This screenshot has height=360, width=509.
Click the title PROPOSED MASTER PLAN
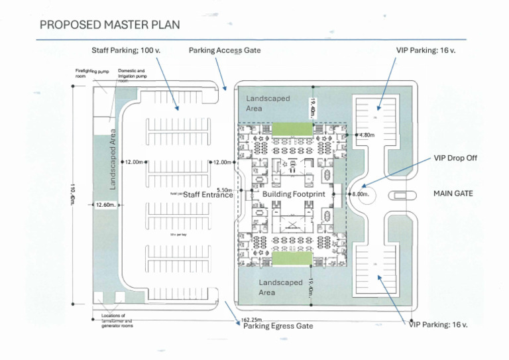click(109, 25)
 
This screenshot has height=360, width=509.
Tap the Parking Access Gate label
click(225, 50)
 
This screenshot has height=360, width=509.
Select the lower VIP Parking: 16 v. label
click(438, 324)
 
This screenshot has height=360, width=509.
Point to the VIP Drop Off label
click(455, 158)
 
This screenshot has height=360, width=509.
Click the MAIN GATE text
click(453, 194)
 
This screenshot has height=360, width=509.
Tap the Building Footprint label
click(294, 194)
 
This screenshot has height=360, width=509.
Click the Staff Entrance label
click(208, 195)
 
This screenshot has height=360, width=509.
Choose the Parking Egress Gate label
click(278, 326)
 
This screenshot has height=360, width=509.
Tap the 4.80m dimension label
click(367, 135)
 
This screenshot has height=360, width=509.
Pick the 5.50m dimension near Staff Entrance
click(224, 190)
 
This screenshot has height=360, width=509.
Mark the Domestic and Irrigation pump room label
click(131, 74)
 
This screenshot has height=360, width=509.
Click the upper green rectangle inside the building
click(292, 128)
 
